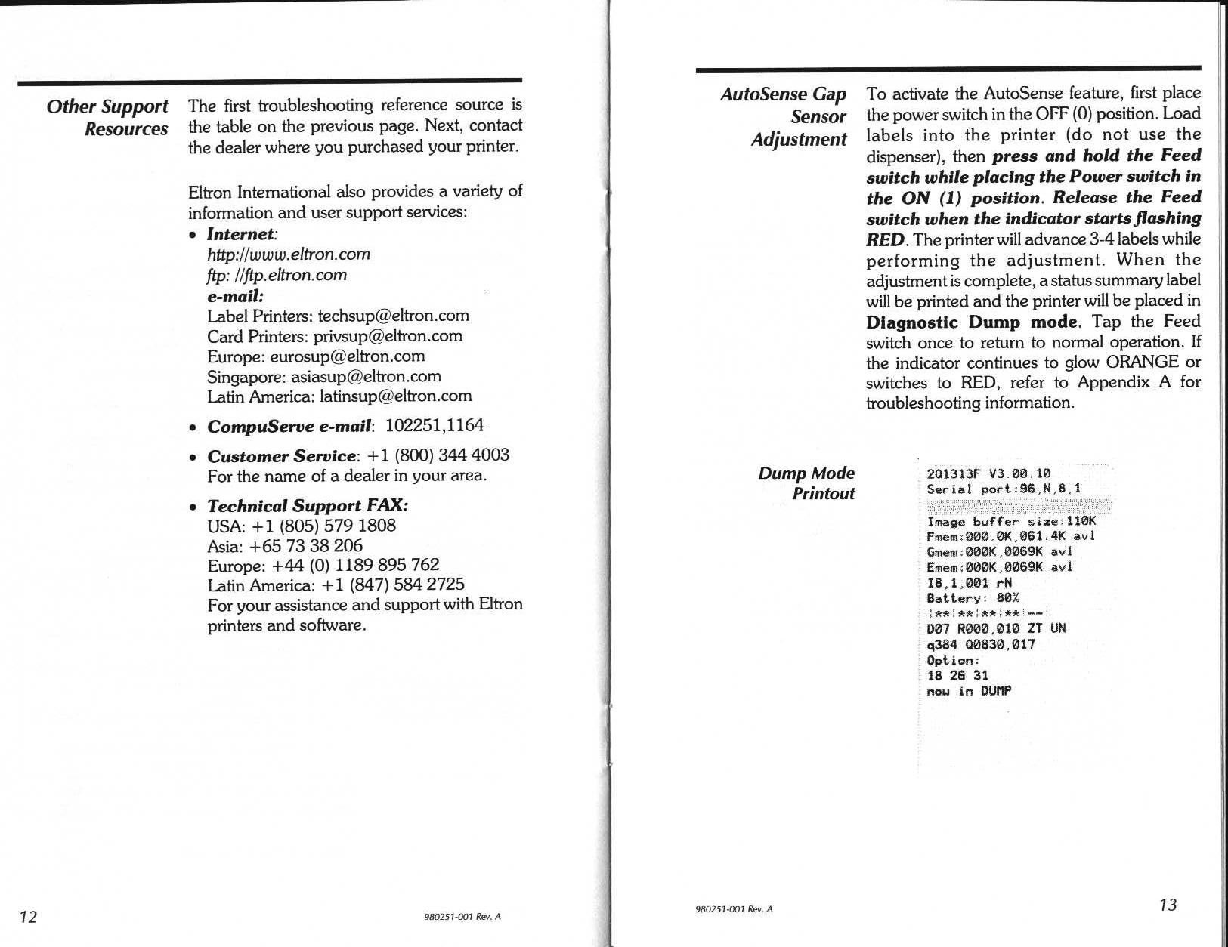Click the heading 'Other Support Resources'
(x=107, y=117)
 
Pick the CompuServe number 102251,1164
(x=434, y=425)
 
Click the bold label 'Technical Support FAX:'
(x=308, y=506)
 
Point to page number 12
(x=28, y=917)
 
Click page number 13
(x=1168, y=905)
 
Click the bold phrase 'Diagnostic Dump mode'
(x=971, y=322)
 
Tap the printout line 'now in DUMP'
(x=968, y=691)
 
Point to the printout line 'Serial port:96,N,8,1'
(x=1003, y=489)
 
